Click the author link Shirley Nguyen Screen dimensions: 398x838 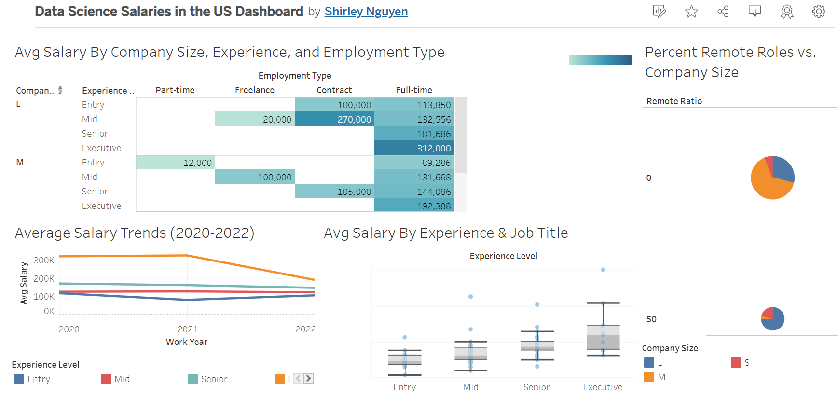366,12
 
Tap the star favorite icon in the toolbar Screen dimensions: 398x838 691,12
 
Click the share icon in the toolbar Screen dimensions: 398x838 723,12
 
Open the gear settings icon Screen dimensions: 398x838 818,12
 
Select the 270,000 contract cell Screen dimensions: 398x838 334,119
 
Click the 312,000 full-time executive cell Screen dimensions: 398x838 414,148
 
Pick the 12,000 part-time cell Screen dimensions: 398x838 176,163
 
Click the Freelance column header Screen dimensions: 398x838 254,90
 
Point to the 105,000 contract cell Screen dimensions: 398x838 334,192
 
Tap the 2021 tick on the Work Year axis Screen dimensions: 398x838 187,329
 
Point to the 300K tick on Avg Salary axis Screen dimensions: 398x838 44,261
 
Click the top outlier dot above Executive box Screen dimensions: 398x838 603,270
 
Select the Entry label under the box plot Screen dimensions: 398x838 404,387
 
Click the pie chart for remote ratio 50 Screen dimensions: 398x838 772,319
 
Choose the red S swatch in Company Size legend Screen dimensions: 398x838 736,363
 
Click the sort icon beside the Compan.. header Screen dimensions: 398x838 60,90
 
